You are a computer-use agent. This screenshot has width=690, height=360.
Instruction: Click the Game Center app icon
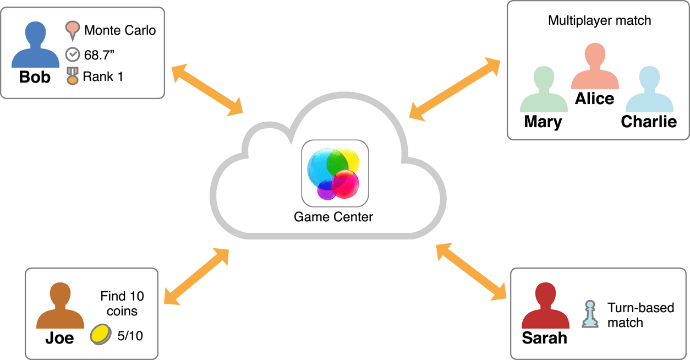[x=335, y=173]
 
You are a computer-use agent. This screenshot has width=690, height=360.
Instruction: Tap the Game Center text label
[x=333, y=217]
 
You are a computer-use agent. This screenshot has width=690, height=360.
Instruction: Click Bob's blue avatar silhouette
[x=35, y=47]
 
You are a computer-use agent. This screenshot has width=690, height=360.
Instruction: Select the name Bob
[x=35, y=77]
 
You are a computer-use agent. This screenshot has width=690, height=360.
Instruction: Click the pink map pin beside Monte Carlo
[x=72, y=31]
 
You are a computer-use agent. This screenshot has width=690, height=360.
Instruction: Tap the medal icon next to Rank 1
[x=72, y=76]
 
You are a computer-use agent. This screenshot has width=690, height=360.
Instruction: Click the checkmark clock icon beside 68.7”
[x=72, y=54]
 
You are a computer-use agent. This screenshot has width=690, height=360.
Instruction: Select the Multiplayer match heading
[x=599, y=21]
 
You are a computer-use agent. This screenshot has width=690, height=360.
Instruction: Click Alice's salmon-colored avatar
[x=595, y=67]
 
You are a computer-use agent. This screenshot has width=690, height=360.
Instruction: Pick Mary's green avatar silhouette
[x=543, y=90]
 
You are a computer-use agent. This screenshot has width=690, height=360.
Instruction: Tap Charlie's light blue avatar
[x=649, y=90]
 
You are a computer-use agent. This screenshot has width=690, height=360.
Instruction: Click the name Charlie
[x=649, y=121]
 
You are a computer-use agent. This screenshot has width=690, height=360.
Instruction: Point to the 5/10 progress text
[x=130, y=335]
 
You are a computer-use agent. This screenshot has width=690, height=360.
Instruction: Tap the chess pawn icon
[x=590, y=314]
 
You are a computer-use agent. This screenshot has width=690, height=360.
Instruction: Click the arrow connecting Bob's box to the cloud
[x=207, y=90]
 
